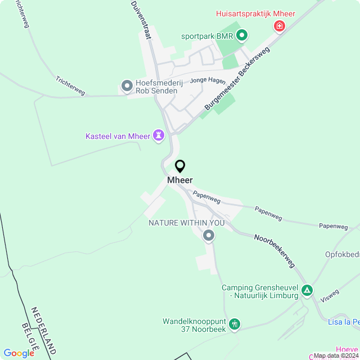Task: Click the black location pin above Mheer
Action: pyautogui.click(x=180, y=166)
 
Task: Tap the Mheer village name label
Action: pyautogui.click(x=180, y=180)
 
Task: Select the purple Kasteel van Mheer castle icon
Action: pyautogui.click(x=159, y=136)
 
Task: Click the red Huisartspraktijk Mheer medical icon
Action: pyautogui.click(x=278, y=26)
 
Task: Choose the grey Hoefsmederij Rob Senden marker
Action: pyautogui.click(x=127, y=87)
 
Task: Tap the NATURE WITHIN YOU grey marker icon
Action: pyautogui.click(x=209, y=236)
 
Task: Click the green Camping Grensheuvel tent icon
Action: pyautogui.click(x=307, y=291)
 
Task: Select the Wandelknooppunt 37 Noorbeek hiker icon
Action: pyautogui.click(x=235, y=324)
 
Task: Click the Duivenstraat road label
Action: pyautogui.click(x=141, y=19)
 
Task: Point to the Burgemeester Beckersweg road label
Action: pyautogui.click(x=237, y=78)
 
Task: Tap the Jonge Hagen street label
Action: pyautogui.click(x=208, y=80)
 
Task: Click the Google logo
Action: pyautogui.click(x=19, y=353)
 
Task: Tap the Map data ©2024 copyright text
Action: pyautogui.click(x=336, y=355)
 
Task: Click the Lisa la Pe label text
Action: pyautogui.click(x=344, y=322)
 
